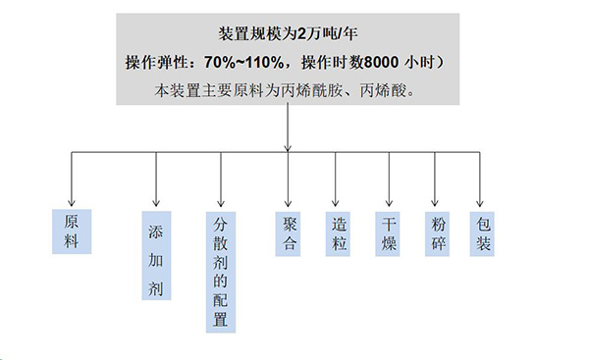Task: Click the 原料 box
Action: click(71, 231)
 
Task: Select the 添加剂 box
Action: click(155, 255)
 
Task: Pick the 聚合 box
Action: click(289, 231)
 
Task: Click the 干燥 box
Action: click(389, 231)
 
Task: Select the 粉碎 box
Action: click(438, 231)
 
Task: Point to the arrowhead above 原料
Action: click(71, 199)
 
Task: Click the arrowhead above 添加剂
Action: click(155, 199)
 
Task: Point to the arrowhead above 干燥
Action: click(390, 199)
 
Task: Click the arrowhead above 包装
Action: click(480, 199)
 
